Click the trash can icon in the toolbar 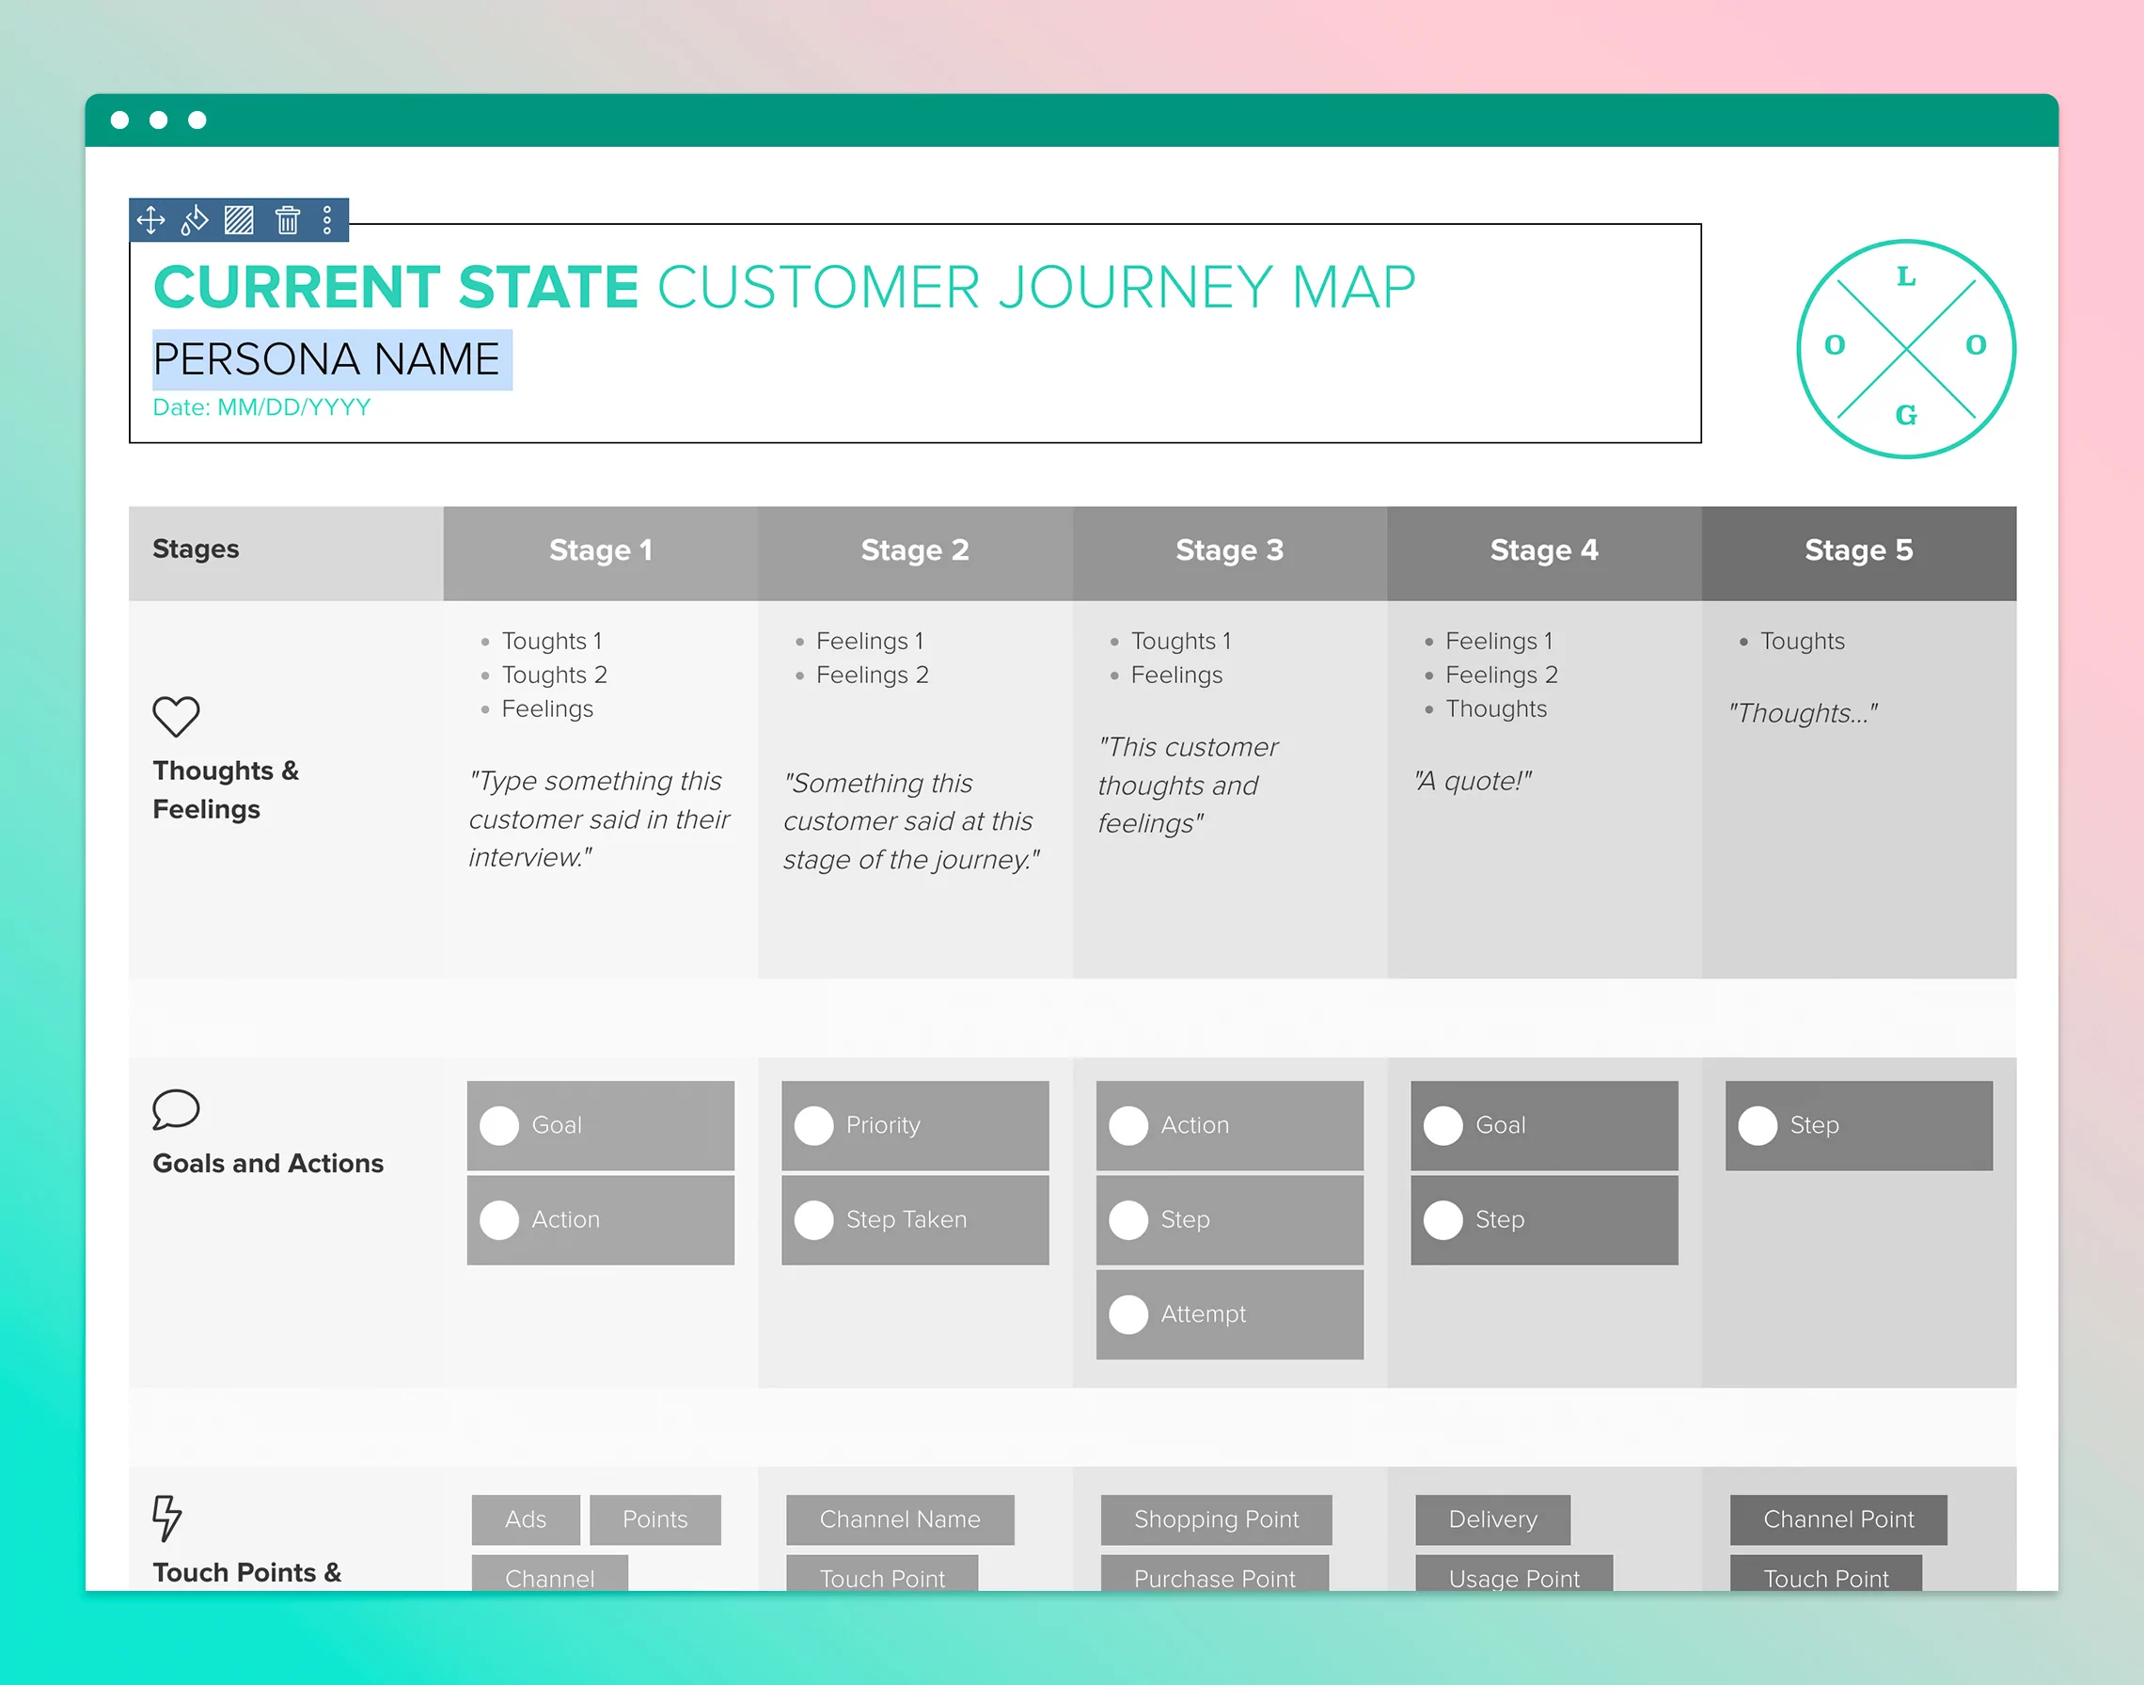287,220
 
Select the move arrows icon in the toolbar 150,220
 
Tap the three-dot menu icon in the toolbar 327,220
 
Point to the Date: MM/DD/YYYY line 261,407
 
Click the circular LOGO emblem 1905,348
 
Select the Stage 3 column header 1229,550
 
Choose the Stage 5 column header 1858,550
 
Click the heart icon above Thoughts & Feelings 176,716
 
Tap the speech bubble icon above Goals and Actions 176,1110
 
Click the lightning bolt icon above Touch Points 166,1518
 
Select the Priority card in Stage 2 914,1125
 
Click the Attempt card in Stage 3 1229,1314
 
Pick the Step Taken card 914,1220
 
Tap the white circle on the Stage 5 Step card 1758,1125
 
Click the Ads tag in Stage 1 526,1519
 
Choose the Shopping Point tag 1216,1519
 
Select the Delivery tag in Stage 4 1492,1519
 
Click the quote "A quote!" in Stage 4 1474,781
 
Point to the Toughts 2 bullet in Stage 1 554,675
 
